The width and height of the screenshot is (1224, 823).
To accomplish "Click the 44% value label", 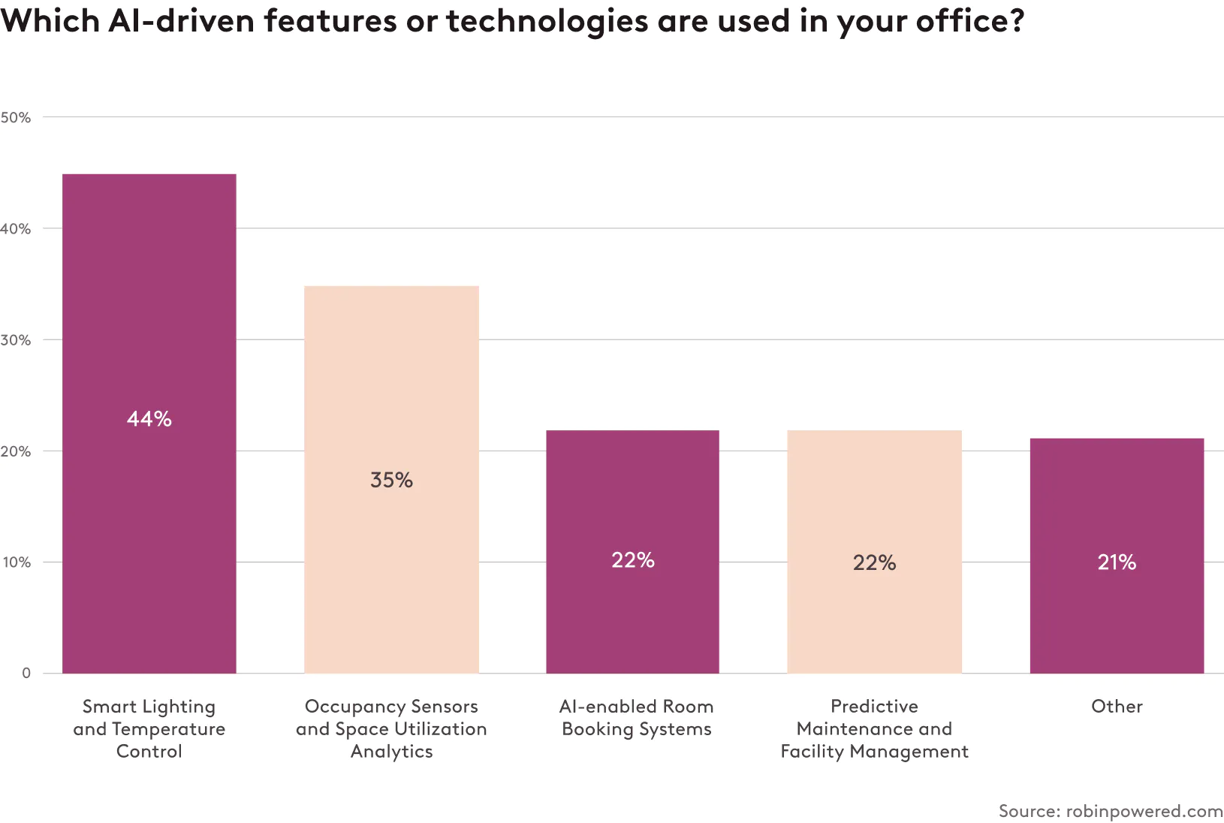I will point(149,419).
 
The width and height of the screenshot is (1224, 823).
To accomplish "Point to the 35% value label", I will point(391,481).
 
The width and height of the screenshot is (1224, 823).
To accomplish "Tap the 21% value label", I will point(1117,562).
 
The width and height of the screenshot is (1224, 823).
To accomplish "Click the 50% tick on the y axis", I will point(16,117).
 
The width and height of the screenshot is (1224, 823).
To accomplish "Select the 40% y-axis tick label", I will point(16,229).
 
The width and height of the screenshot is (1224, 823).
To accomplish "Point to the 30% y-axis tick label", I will point(16,340).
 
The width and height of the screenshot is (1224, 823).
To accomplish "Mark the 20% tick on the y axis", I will point(16,451).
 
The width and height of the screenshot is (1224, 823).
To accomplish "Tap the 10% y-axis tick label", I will point(16,562).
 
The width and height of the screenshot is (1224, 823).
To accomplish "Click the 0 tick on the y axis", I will point(26,674).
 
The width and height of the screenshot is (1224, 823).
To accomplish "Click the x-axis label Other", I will point(1117,707).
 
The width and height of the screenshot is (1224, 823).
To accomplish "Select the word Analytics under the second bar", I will point(391,752).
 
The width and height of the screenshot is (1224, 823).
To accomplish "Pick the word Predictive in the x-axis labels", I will point(874,707).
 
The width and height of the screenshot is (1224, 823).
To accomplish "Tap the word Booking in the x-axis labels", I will point(598,729).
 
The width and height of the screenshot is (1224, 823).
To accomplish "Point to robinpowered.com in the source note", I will point(1144,811).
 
